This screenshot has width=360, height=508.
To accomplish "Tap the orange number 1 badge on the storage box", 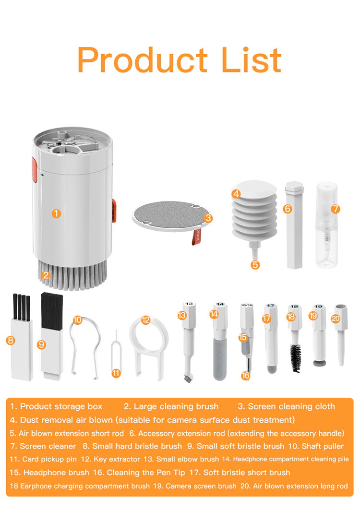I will (x=57, y=213).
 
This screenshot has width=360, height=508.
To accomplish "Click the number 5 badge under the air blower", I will (x=255, y=264).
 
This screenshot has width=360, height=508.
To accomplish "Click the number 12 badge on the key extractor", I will (x=146, y=320).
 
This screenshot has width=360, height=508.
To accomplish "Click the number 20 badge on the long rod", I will (x=336, y=318).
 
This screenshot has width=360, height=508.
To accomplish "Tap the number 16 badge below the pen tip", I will (x=246, y=376).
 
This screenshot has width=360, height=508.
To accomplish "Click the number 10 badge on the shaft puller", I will (x=78, y=319).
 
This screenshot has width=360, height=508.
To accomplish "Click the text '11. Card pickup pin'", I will (x=43, y=459).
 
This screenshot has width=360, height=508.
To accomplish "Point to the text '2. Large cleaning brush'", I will (x=171, y=406).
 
